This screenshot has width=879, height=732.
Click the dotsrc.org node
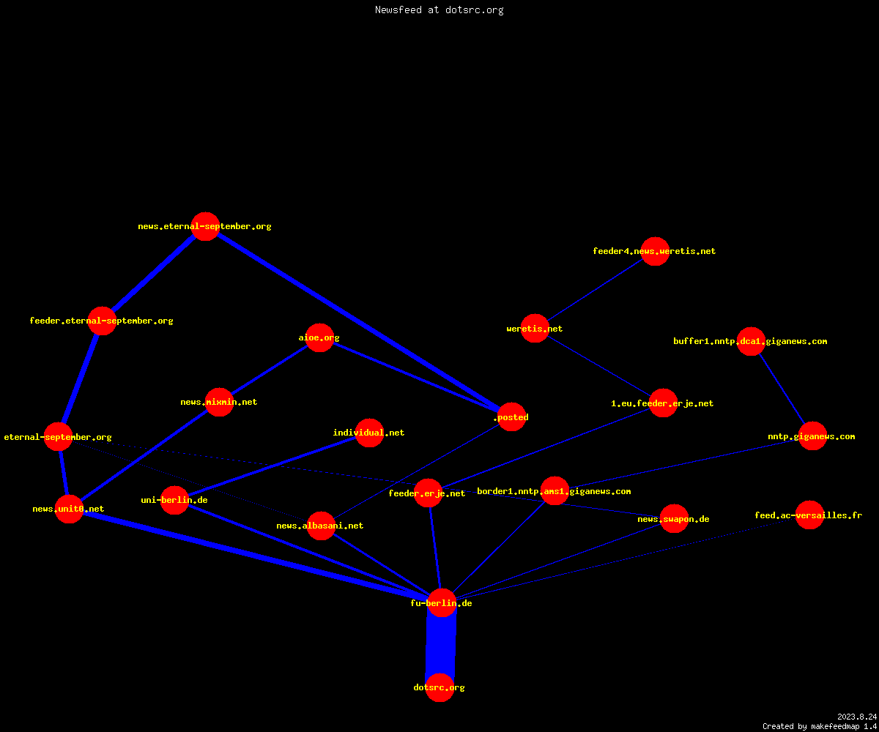439,687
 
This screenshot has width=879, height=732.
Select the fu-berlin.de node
442,603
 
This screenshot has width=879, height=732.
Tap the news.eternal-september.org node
205,226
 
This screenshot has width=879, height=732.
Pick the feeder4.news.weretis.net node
655,251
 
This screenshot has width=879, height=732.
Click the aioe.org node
319,337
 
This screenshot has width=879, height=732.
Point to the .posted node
511,417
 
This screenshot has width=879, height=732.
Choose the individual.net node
369,433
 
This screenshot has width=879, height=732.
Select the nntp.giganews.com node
812,436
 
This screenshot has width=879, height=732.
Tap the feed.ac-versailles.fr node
809,515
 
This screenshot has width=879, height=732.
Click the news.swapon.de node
674,519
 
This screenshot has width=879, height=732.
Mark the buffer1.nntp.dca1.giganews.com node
751,341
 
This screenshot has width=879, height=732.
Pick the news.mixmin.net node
219,402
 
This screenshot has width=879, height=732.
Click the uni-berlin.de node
175,500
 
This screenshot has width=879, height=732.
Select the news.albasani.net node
321,526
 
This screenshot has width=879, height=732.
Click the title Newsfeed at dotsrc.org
439,10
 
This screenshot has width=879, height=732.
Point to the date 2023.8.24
857,717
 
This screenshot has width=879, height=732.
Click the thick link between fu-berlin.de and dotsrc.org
441,646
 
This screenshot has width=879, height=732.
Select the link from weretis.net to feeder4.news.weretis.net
595,290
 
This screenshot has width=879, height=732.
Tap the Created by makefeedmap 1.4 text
820,726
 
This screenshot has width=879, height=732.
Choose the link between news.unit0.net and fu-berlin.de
255,556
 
